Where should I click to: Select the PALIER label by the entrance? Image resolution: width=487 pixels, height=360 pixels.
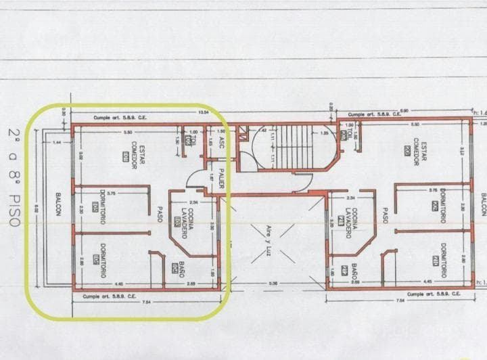click(221, 178)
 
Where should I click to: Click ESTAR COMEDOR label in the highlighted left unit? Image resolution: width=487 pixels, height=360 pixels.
click(133, 154)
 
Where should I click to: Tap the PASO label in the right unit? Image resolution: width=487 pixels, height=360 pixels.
click(384, 215)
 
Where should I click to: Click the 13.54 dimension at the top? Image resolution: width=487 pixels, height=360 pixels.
click(202, 112)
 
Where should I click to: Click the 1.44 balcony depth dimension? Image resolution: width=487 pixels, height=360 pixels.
click(57, 142)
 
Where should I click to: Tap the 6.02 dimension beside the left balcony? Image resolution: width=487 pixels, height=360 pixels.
click(37, 210)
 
